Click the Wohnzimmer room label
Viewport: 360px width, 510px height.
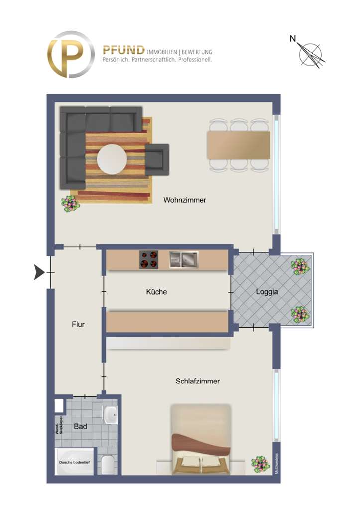184,200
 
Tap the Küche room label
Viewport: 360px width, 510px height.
156,292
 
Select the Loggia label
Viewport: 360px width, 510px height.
267,292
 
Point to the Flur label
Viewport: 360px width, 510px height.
78,324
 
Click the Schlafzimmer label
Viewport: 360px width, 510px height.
197,382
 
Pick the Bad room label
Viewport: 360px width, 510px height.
80,427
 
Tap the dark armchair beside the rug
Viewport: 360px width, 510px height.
157,159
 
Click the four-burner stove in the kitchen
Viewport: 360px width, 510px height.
149,259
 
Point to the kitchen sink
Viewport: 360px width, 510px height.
183,259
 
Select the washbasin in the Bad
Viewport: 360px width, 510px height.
111,413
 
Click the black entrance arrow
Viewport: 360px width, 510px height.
39,272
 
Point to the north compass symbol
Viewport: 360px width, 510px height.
309,52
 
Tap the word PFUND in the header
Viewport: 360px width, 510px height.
123,51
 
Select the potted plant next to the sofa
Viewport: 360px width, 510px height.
70,203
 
